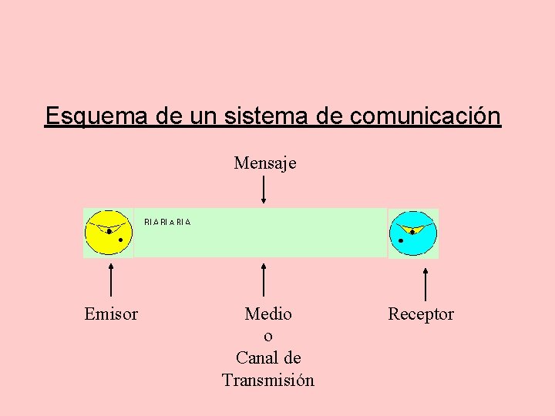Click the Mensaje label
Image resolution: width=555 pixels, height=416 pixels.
pos(265,163)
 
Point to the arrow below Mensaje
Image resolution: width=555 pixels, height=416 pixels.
pos(264,189)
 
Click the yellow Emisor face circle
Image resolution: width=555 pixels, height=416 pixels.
pos(109,233)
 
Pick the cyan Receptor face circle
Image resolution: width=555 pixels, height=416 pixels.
pos(413,233)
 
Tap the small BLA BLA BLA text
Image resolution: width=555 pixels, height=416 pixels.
pos(167,222)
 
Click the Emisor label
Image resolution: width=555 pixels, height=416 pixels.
pos(111,314)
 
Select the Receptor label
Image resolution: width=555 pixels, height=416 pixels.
pos(421,314)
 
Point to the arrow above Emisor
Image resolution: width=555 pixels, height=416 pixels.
pos(112,279)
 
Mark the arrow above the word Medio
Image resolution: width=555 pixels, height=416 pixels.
pos(264,279)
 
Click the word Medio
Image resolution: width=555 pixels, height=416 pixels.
pos(268,314)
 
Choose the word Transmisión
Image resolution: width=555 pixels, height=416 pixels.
pos(268,381)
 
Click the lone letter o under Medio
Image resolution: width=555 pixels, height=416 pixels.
pos(268,337)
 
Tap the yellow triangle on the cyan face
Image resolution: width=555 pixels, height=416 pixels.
pos(413,228)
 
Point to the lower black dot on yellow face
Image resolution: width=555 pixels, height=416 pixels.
pos(120,240)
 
